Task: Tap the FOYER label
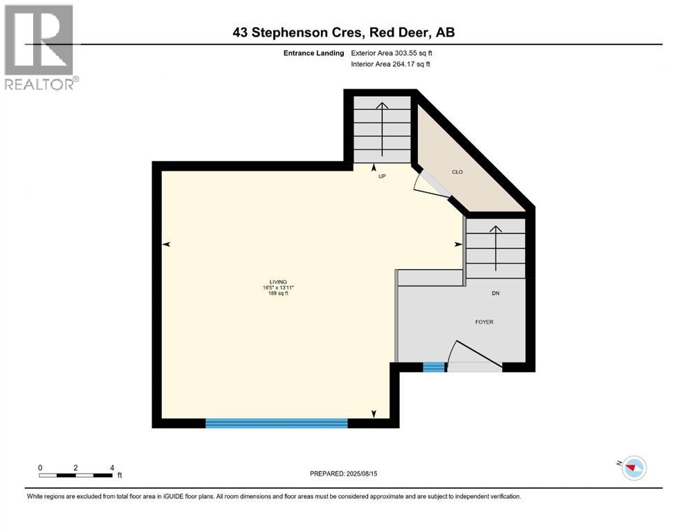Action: coord(484,322)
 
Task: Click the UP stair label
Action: coord(381,176)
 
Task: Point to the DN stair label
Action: coord(495,293)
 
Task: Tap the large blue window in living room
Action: coord(276,423)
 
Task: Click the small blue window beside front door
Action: coord(434,367)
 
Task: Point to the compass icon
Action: coord(633,468)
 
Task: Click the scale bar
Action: coord(75,474)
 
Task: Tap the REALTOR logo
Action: coord(40,47)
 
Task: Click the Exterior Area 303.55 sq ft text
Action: coord(394,53)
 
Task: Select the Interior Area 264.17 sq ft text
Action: coord(391,64)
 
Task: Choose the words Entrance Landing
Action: coord(315,53)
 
